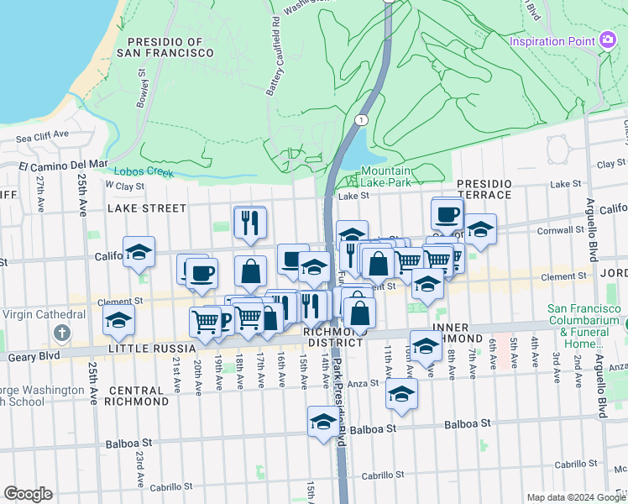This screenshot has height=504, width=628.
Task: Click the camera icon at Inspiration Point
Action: click(x=609, y=40)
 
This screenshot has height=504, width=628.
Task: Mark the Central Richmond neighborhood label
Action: click(x=136, y=396)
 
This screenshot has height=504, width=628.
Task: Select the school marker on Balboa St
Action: click(x=323, y=422)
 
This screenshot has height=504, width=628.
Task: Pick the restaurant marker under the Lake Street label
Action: click(x=250, y=222)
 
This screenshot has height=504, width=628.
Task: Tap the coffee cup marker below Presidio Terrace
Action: click(x=447, y=214)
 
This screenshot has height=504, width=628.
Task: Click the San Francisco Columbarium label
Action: click(x=585, y=320)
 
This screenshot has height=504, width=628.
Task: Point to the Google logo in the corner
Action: click(x=28, y=494)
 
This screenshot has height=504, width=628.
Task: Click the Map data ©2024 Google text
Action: click(x=576, y=497)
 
